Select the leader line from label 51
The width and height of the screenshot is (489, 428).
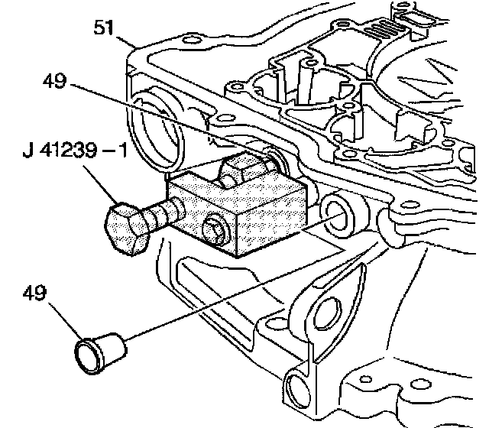click(x=128, y=40)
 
